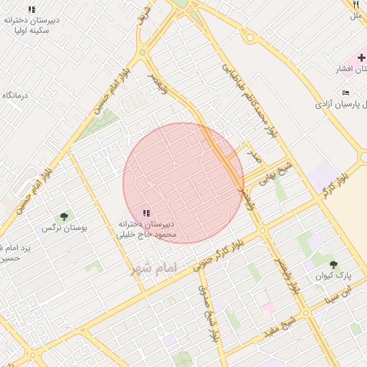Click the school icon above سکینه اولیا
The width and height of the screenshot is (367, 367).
point(32,9)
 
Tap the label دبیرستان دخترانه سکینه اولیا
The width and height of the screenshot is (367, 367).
point(31,25)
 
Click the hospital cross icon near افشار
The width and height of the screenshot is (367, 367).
point(361,57)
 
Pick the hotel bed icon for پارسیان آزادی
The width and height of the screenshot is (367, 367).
point(347,93)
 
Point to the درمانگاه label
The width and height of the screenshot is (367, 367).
point(15,95)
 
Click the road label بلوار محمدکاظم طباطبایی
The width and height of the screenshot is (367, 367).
point(249,100)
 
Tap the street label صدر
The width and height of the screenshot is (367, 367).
point(252,153)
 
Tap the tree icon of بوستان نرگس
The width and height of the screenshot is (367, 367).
point(64,216)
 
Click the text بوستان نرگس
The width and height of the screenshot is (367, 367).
point(64,228)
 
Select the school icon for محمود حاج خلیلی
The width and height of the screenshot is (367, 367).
point(146,213)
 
